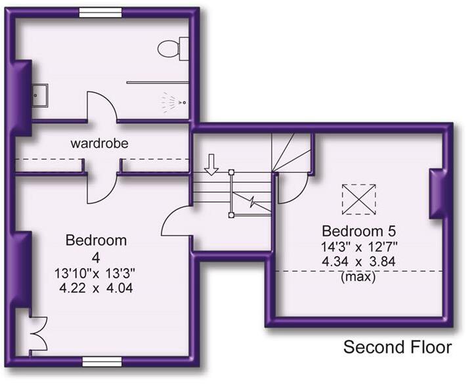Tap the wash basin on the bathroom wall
pyautogui.click(x=40, y=95)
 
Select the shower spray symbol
pyautogui.click(x=173, y=102)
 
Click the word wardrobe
pyautogui.click(x=100, y=143)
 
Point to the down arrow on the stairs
pyautogui.click(x=211, y=165)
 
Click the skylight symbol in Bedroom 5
pyautogui.click(x=359, y=199)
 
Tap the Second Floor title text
pyautogui.click(x=397, y=347)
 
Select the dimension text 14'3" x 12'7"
pyautogui.click(x=359, y=247)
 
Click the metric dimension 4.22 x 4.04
pyautogui.click(x=96, y=288)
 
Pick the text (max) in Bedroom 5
pyautogui.click(x=358, y=277)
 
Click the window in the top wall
pyautogui.click(x=100, y=12)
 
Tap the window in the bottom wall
pyautogui.click(x=102, y=362)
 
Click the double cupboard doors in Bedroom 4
pyautogui.click(x=39, y=333)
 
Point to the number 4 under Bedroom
pyautogui.click(x=96, y=258)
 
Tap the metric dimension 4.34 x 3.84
pyautogui.click(x=359, y=262)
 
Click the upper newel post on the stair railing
pyautogui.click(x=231, y=172)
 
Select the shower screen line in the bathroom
pyautogui.click(x=158, y=82)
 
